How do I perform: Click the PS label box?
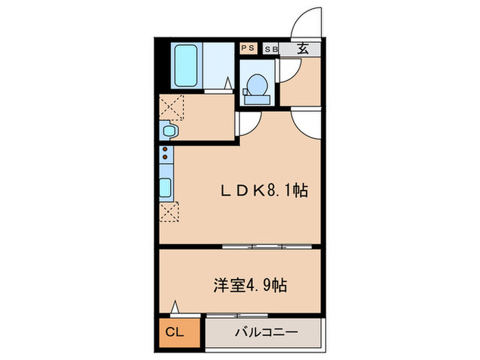[x=248, y=48]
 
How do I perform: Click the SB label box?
[x=270, y=49]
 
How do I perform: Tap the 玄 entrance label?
[x=302, y=48]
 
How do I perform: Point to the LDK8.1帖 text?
[x=263, y=192]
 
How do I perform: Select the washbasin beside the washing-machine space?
[x=169, y=130]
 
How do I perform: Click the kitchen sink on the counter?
[x=166, y=186]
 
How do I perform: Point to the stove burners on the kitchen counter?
[x=165, y=157]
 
